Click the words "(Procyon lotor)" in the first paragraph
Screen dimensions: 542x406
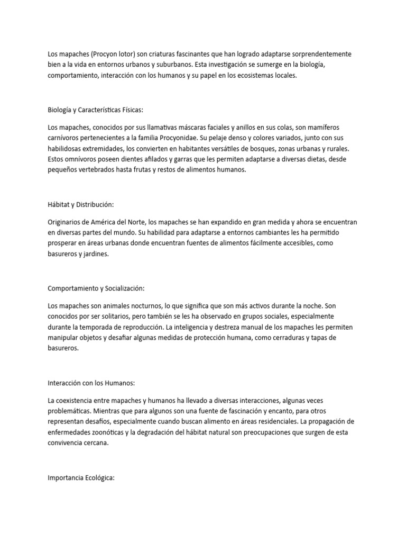101,55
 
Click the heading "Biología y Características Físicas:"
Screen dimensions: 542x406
95,110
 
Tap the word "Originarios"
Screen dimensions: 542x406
66,222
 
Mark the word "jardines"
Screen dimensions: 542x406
96,254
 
